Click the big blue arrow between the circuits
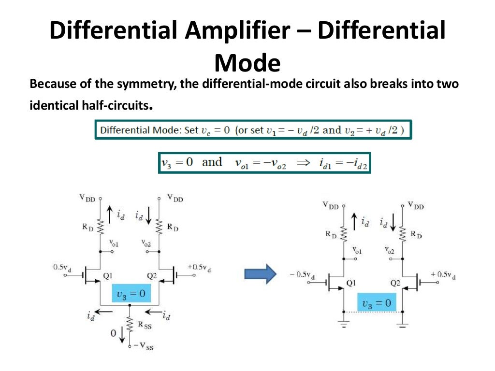click(260, 274)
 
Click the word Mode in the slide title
click(247, 63)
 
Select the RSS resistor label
click(145, 326)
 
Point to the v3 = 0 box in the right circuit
click(376, 303)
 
